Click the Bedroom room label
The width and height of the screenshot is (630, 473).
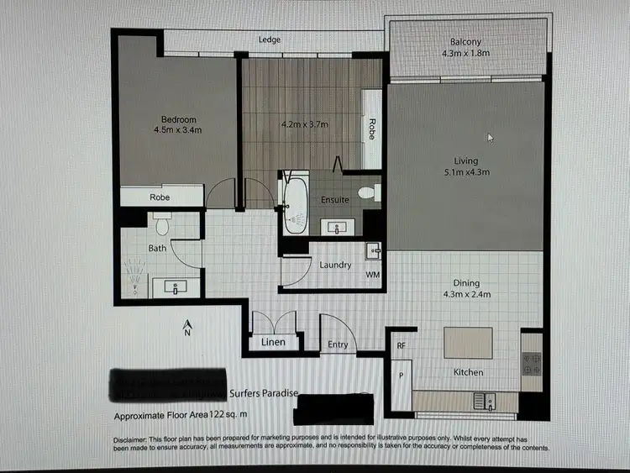(x=178, y=119)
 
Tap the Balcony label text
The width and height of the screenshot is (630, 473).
(x=465, y=42)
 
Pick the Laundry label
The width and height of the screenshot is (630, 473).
(x=335, y=265)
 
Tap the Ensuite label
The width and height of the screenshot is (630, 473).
(x=335, y=200)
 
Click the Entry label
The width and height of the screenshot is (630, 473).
(x=338, y=344)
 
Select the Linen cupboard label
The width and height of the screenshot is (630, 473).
(x=273, y=342)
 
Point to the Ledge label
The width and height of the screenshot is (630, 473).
(x=270, y=39)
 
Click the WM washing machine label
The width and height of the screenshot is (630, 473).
(x=372, y=275)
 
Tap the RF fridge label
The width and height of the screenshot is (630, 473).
(x=402, y=344)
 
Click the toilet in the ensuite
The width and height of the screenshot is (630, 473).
(x=368, y=193)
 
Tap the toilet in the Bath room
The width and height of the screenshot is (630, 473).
(x=162, y=224)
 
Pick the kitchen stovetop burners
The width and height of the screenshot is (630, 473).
(x=532, y=364)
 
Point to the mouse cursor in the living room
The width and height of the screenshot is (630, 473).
(x=491, y=137)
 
